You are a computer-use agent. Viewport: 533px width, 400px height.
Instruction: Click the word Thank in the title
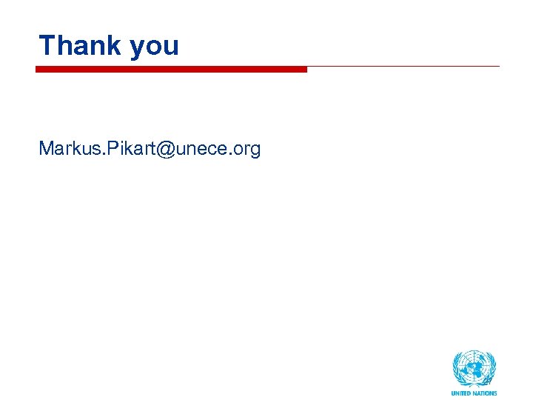pos(79,45)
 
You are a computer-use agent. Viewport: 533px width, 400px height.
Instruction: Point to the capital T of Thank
pos(47,45)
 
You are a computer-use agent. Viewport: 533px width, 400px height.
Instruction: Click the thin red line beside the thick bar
pos(403,67)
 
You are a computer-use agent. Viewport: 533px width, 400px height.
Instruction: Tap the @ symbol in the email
pos(165,150)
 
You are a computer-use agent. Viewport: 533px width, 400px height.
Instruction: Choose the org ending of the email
pos(247,150)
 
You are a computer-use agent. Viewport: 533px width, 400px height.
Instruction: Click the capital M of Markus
pos(46,149)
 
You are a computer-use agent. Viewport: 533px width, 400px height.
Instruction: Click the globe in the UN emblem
pos(475,366)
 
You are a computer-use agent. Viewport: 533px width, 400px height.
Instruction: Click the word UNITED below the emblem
pos(462,393)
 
